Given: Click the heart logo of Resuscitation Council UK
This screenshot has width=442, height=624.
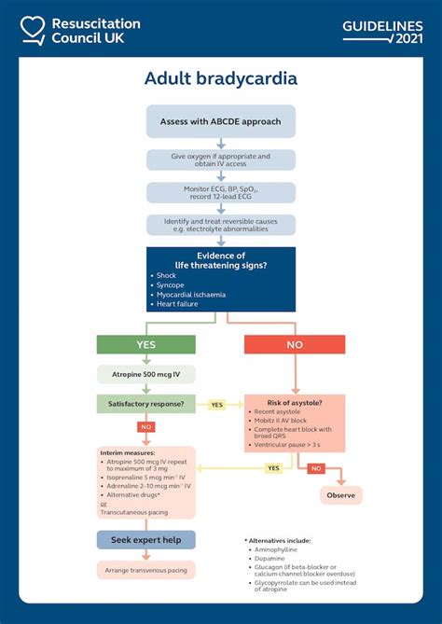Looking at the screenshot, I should [x=32, y=30].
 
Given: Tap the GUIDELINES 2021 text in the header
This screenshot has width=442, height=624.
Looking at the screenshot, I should [x=381, y=31].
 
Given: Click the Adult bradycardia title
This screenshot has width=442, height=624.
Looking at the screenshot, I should [x=221, y=78].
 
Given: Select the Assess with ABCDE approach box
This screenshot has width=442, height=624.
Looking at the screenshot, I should [x=221, y=121].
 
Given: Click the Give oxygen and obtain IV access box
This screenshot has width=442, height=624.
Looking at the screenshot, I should [x=221, y=160].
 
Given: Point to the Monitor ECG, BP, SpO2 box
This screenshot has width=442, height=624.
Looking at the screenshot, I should [x=221, y=193].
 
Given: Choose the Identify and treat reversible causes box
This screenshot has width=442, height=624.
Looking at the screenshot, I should [x=221, y=225].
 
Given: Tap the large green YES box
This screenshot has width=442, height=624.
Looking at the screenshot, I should [x=147, y=344].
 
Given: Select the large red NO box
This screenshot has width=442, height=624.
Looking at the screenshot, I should [x=295, y=344].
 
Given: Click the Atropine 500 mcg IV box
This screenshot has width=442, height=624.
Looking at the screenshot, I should [x=146, y=374].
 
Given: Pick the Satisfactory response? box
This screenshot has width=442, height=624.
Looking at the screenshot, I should [x=146, y=404].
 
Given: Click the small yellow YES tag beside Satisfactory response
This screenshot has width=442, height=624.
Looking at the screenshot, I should [x=216, y=405].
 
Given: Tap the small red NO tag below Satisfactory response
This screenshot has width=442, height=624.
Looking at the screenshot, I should [x=146, y=427].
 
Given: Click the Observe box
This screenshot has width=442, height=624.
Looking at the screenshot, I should [x=340, y=495].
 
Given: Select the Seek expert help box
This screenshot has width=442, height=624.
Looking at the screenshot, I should [x=146, y=540].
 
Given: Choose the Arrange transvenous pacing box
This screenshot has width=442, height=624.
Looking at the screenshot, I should [x=146, y=569].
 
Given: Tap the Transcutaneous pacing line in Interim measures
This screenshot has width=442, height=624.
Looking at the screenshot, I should [x=138, y=511].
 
